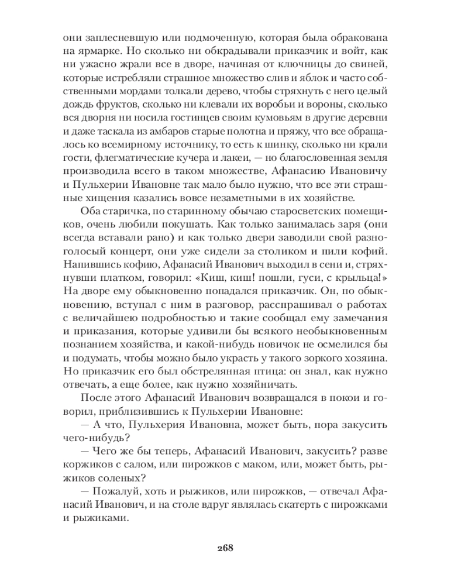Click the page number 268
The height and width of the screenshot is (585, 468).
[225, 548]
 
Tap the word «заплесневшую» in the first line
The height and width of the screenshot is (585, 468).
[116, 36]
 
